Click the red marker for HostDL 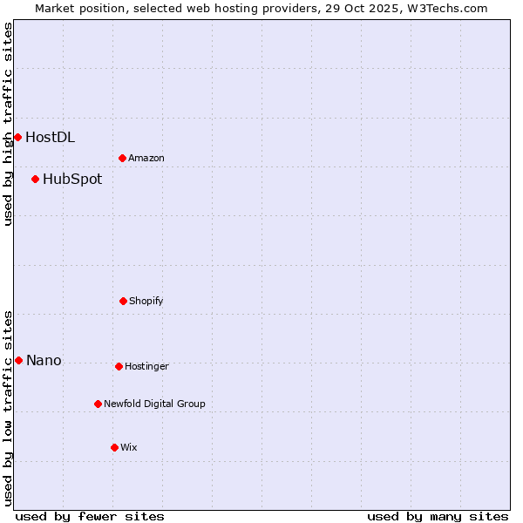(17, 137)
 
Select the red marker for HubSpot (35, 179)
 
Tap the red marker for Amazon (122, 158)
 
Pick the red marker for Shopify (123, 301)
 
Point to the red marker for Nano (18, 360)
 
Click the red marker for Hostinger (119, 366)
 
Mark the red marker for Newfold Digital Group (98, 404)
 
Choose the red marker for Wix (114, 447)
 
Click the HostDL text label (50, 137)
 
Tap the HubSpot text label (72, 180)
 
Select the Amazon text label (146, 158)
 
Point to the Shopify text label (146, 301)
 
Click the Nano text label (44, 361)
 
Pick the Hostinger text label (146, 366)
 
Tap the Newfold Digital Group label (154, 404)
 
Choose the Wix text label (129, 447)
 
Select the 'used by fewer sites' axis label (90, 516)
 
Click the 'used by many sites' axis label (438, 516)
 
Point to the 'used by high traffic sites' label (8, 124)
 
